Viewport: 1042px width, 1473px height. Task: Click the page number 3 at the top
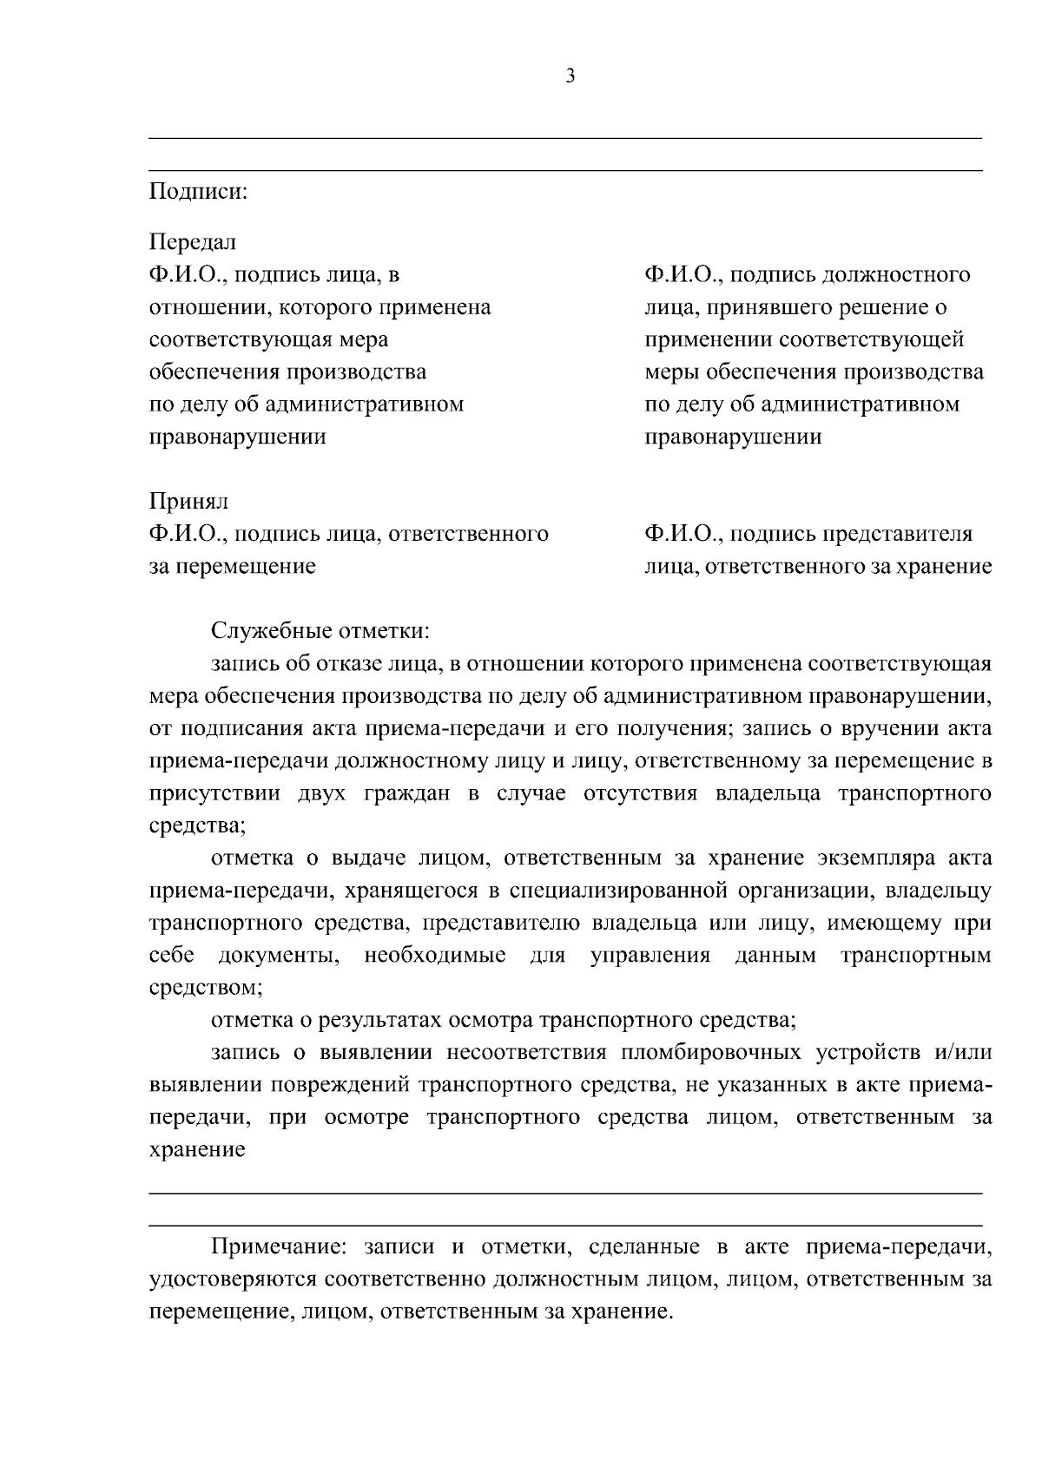pyautogui.click(x=570, y=76)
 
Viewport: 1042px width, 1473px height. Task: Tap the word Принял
pyautogui.click(x=189, y=502)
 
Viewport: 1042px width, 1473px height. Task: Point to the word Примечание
pyautogui.click(x=278, y=1247)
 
